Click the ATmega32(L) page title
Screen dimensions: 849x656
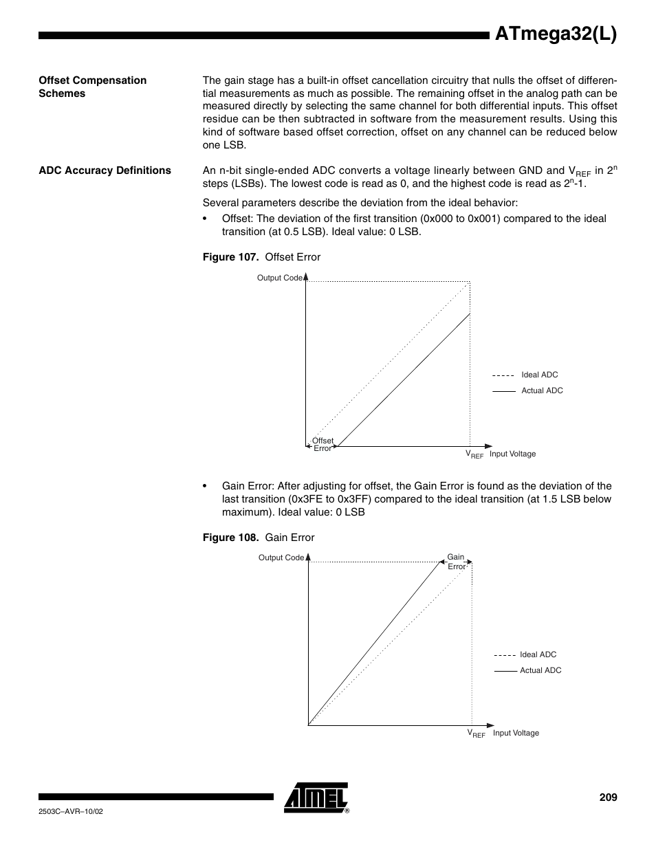[556, 34]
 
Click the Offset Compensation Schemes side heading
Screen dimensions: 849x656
[92, 87]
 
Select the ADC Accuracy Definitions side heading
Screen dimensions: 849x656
[105, 170]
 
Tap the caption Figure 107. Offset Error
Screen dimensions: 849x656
[261, 257]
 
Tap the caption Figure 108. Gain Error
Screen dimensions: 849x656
[258, 538]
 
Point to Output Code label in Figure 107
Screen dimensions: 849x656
[279, 278]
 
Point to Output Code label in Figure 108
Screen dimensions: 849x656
[281, 558]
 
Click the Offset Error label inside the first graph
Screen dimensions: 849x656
[322, 444]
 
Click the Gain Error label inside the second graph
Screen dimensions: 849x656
[456, 562]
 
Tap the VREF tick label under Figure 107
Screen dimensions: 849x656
[474, 454]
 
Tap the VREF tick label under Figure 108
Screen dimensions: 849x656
[476, 734]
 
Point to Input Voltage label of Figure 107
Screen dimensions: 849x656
[512, 454]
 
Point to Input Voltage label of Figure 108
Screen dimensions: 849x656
[516, 733]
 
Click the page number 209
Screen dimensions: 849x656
[608, 797]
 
